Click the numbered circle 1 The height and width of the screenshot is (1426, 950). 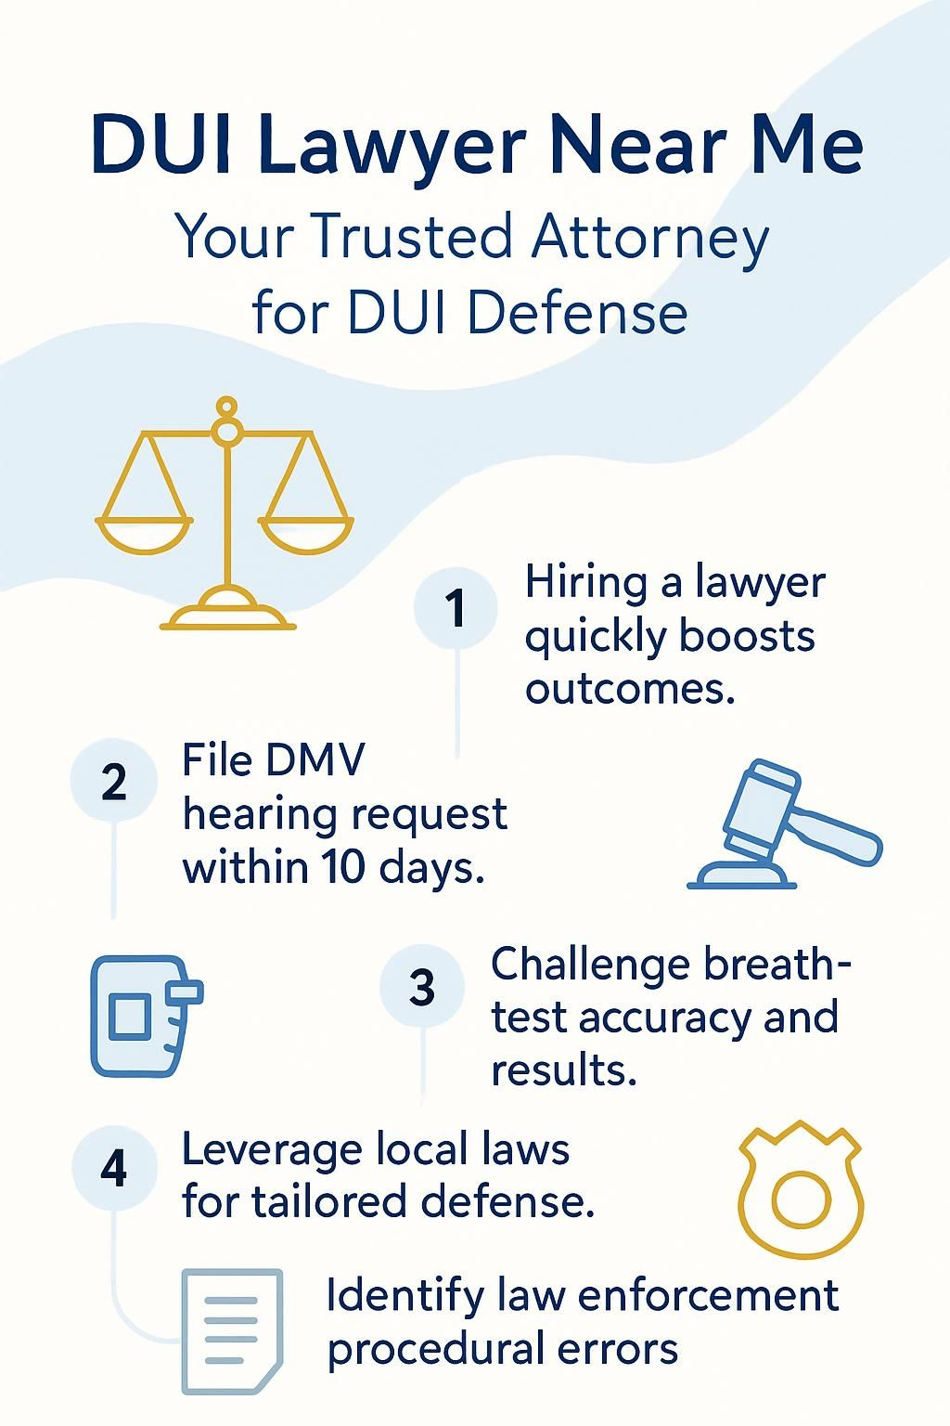(455, 608)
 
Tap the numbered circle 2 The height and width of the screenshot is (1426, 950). (114, 781)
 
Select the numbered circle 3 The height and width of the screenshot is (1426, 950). (422, 986)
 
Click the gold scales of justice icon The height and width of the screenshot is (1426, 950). (224, 512)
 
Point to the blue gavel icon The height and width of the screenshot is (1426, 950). (785, 823)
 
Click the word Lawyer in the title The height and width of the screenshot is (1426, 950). (392, 146)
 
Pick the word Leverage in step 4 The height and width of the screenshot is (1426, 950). (274, 1148)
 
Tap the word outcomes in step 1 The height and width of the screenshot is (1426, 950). (630, 688)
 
